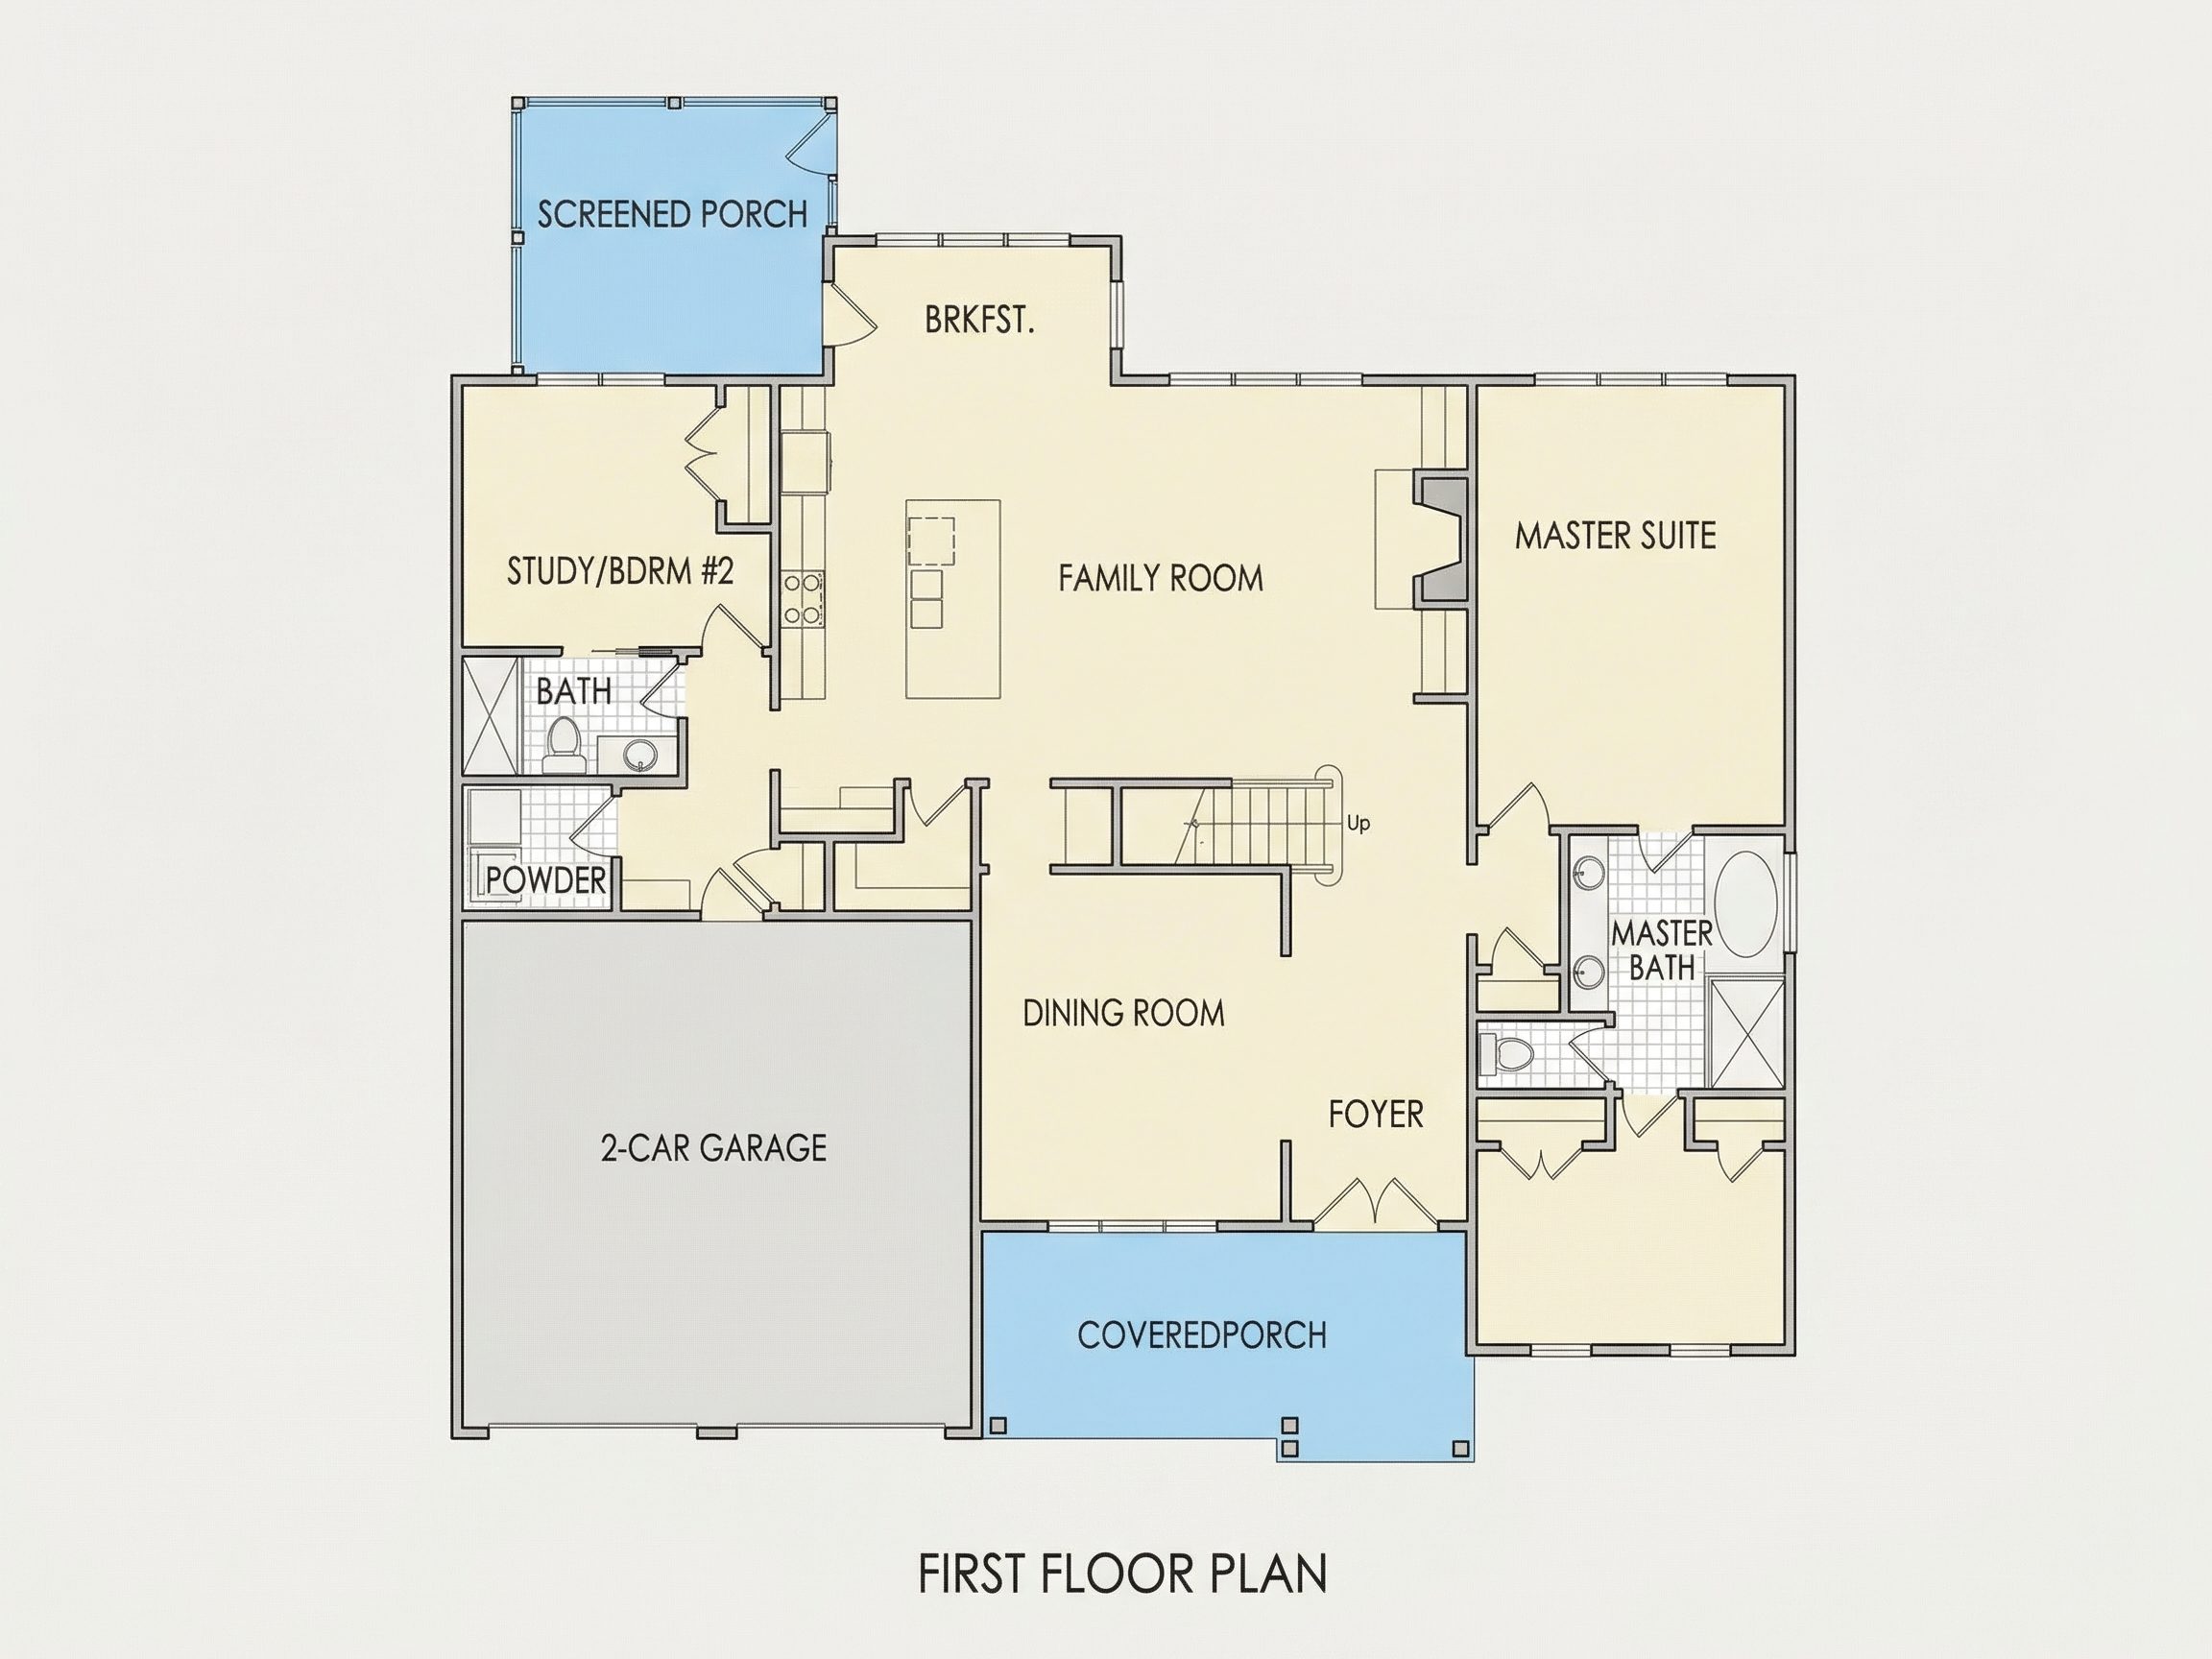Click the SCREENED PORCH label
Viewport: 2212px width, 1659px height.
tap(672, 214)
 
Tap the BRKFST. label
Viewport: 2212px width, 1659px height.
tap(979, 320)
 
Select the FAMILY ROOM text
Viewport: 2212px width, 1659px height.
tap(1160, 578)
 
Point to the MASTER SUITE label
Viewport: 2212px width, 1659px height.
tap(1615, 535)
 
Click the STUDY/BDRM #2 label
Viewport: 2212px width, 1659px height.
tap(620, 571)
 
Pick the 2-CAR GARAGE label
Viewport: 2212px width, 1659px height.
tap(713, 1147)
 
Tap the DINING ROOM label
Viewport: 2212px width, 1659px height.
tap(1123, 1013)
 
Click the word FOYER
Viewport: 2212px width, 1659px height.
tap(1375, 1114)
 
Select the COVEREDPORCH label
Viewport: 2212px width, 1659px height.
tap(1202, 1335)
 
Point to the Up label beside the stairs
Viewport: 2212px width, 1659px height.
tap(1358, 823)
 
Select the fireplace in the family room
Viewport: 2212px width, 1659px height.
tap(1440, 540)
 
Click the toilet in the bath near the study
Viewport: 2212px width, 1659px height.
tap(565, 744)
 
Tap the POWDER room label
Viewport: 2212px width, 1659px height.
tap(546, 880)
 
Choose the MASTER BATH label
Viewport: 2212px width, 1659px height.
tap(1662, 950)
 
